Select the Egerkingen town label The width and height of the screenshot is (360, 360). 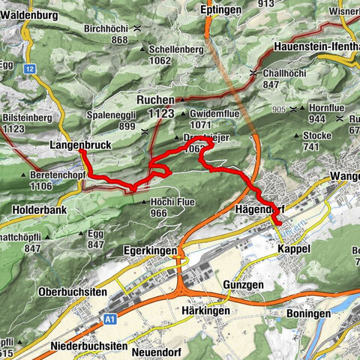150,250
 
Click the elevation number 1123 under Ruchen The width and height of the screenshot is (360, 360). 160,113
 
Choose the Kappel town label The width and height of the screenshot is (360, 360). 293,248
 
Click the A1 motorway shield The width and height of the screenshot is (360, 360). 110,319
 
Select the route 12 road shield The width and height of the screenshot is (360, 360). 30,69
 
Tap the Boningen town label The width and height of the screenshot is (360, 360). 310,313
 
